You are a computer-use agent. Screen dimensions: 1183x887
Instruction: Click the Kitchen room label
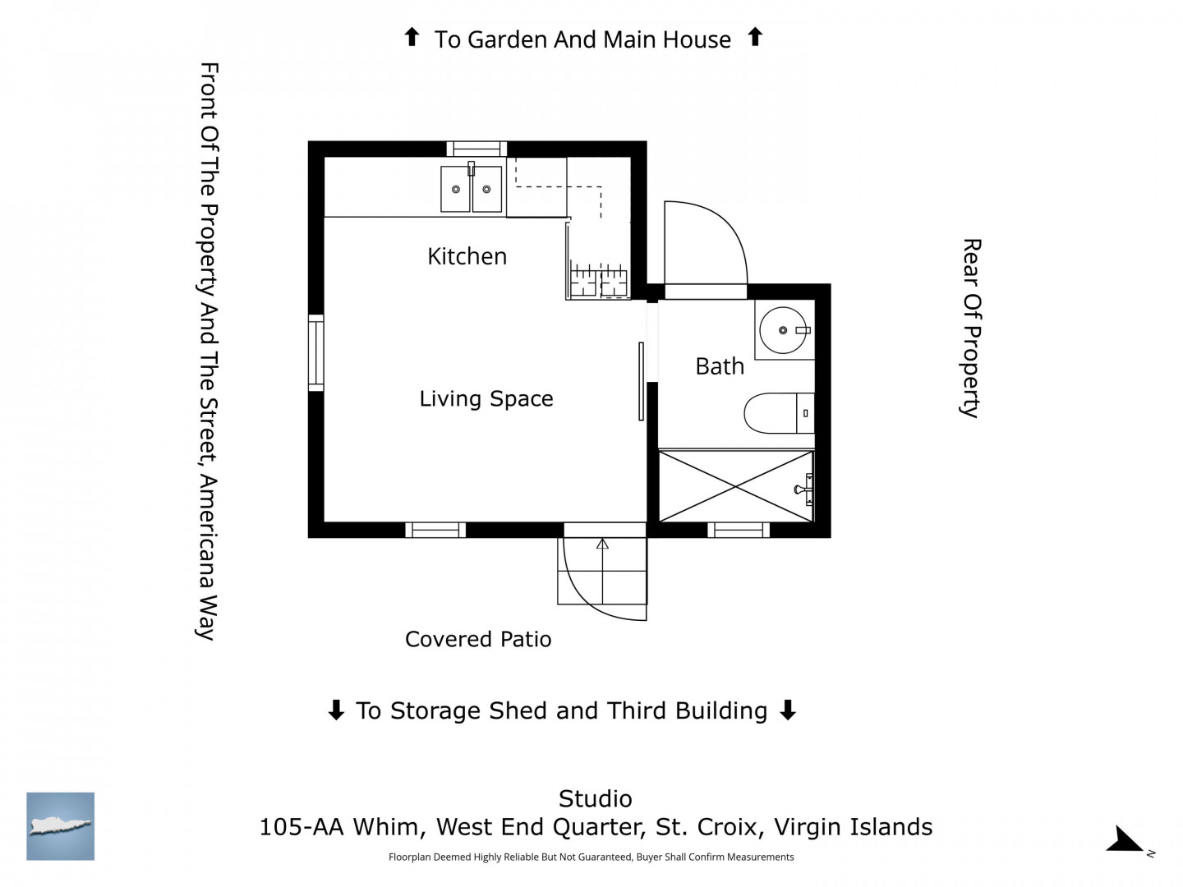467,256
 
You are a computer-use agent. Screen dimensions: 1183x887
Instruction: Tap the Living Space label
486,398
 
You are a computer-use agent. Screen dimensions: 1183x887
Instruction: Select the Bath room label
720,366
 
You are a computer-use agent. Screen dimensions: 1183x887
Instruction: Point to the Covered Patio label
478,639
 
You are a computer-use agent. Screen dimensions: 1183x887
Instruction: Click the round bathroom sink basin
782,330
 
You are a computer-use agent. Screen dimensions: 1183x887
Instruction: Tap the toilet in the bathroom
779,413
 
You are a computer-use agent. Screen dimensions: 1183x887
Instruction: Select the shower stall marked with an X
735,486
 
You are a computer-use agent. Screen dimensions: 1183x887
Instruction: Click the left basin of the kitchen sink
455,189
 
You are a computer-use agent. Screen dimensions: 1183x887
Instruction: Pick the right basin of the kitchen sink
486,189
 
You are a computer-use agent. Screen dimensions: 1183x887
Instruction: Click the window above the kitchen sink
476,149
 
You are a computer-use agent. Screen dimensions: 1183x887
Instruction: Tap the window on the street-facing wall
315,353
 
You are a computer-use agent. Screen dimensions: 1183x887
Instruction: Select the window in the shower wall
739,530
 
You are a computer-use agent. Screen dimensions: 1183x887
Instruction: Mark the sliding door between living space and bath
641,381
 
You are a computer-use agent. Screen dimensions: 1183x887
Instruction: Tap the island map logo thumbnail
60,826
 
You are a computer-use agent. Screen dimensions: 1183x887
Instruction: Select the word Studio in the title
595,799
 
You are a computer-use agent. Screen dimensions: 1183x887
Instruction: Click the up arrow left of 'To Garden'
412,37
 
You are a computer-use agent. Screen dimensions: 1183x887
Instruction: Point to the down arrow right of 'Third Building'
788,710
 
